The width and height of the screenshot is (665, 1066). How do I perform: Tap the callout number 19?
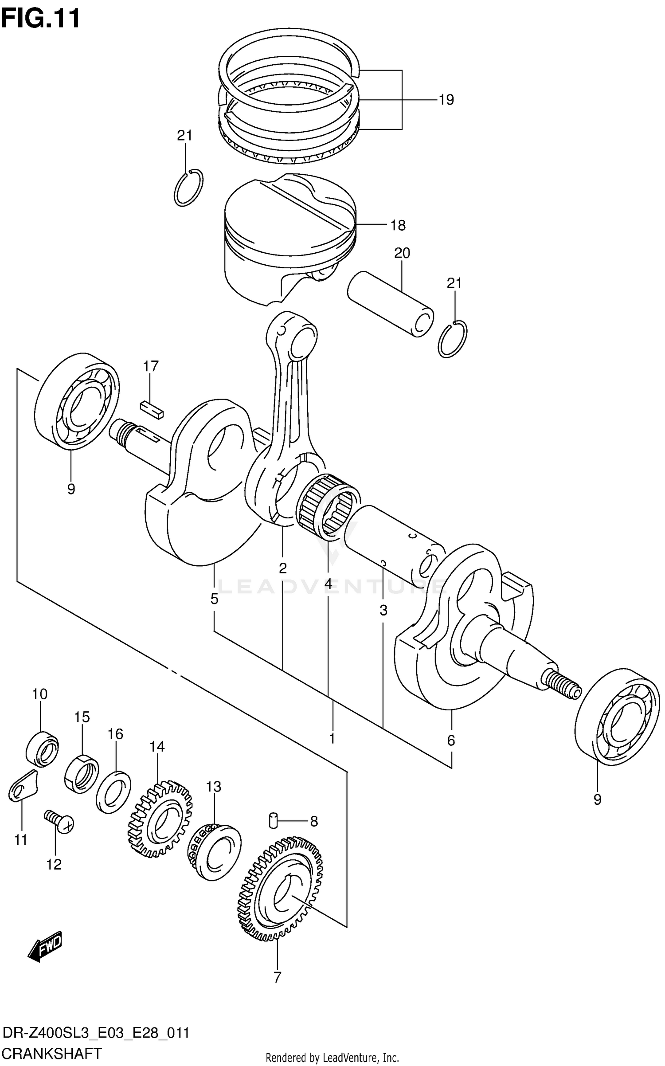(x=446, y=100)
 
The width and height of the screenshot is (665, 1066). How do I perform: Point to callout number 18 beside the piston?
(x=398, y=225)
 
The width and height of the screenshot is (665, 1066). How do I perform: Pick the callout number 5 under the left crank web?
(x=214, y=599)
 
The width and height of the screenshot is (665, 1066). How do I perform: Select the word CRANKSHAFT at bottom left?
(x=52, y=1052)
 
